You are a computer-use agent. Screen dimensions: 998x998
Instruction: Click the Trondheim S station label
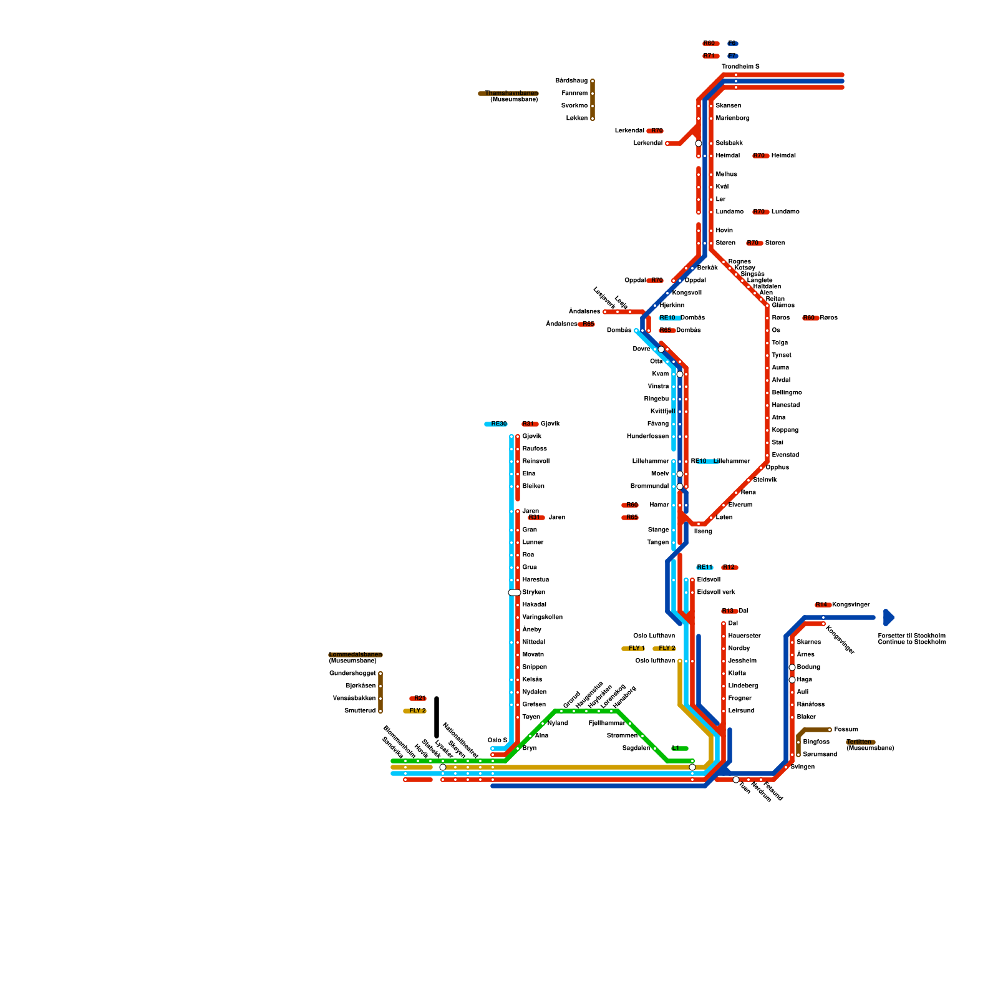pyautogui.click(x=740, y=67)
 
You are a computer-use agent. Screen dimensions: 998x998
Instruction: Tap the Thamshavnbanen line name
pyautogui.click(x=511, y=94)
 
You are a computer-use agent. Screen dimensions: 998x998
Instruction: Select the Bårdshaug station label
pyautogui.click(x=571, y=81)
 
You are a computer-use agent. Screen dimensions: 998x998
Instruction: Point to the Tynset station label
pyautogui.click(x=781, y=356)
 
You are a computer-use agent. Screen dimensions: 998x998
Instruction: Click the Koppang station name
pyautogui.click(x=785, y=430)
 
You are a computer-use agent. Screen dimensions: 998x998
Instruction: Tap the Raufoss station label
pyautogui.click(x=535, y=449)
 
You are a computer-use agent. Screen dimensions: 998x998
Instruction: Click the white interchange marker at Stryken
pyautogui.click(x=515, y=593)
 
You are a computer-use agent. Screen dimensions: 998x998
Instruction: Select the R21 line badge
pyautogui.click(x=419, y=699)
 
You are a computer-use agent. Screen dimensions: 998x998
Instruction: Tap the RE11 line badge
pyautogui.click(x=704, y=568)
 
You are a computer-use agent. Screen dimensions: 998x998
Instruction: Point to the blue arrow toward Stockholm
pyautogui.click(x=889, y=618)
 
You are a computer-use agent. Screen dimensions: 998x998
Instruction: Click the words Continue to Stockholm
pyautogui.click(x=911, y=642)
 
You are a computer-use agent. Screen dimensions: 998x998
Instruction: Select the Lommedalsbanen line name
pyautogui.click(x=355, y=655)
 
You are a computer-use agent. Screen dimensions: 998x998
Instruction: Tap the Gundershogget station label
pyautogui.click(x=352, y=674)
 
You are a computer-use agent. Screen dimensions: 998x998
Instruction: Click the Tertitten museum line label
pyautogui.click(x=860, y=742)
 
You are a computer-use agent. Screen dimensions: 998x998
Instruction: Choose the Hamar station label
pyautogui.click(x=659, y=505)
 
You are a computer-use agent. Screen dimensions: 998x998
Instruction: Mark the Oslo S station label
pyautogui.click(x=497, y=740)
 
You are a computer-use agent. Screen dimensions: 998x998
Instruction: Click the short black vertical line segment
pyautogui.click(x=437, y=717)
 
